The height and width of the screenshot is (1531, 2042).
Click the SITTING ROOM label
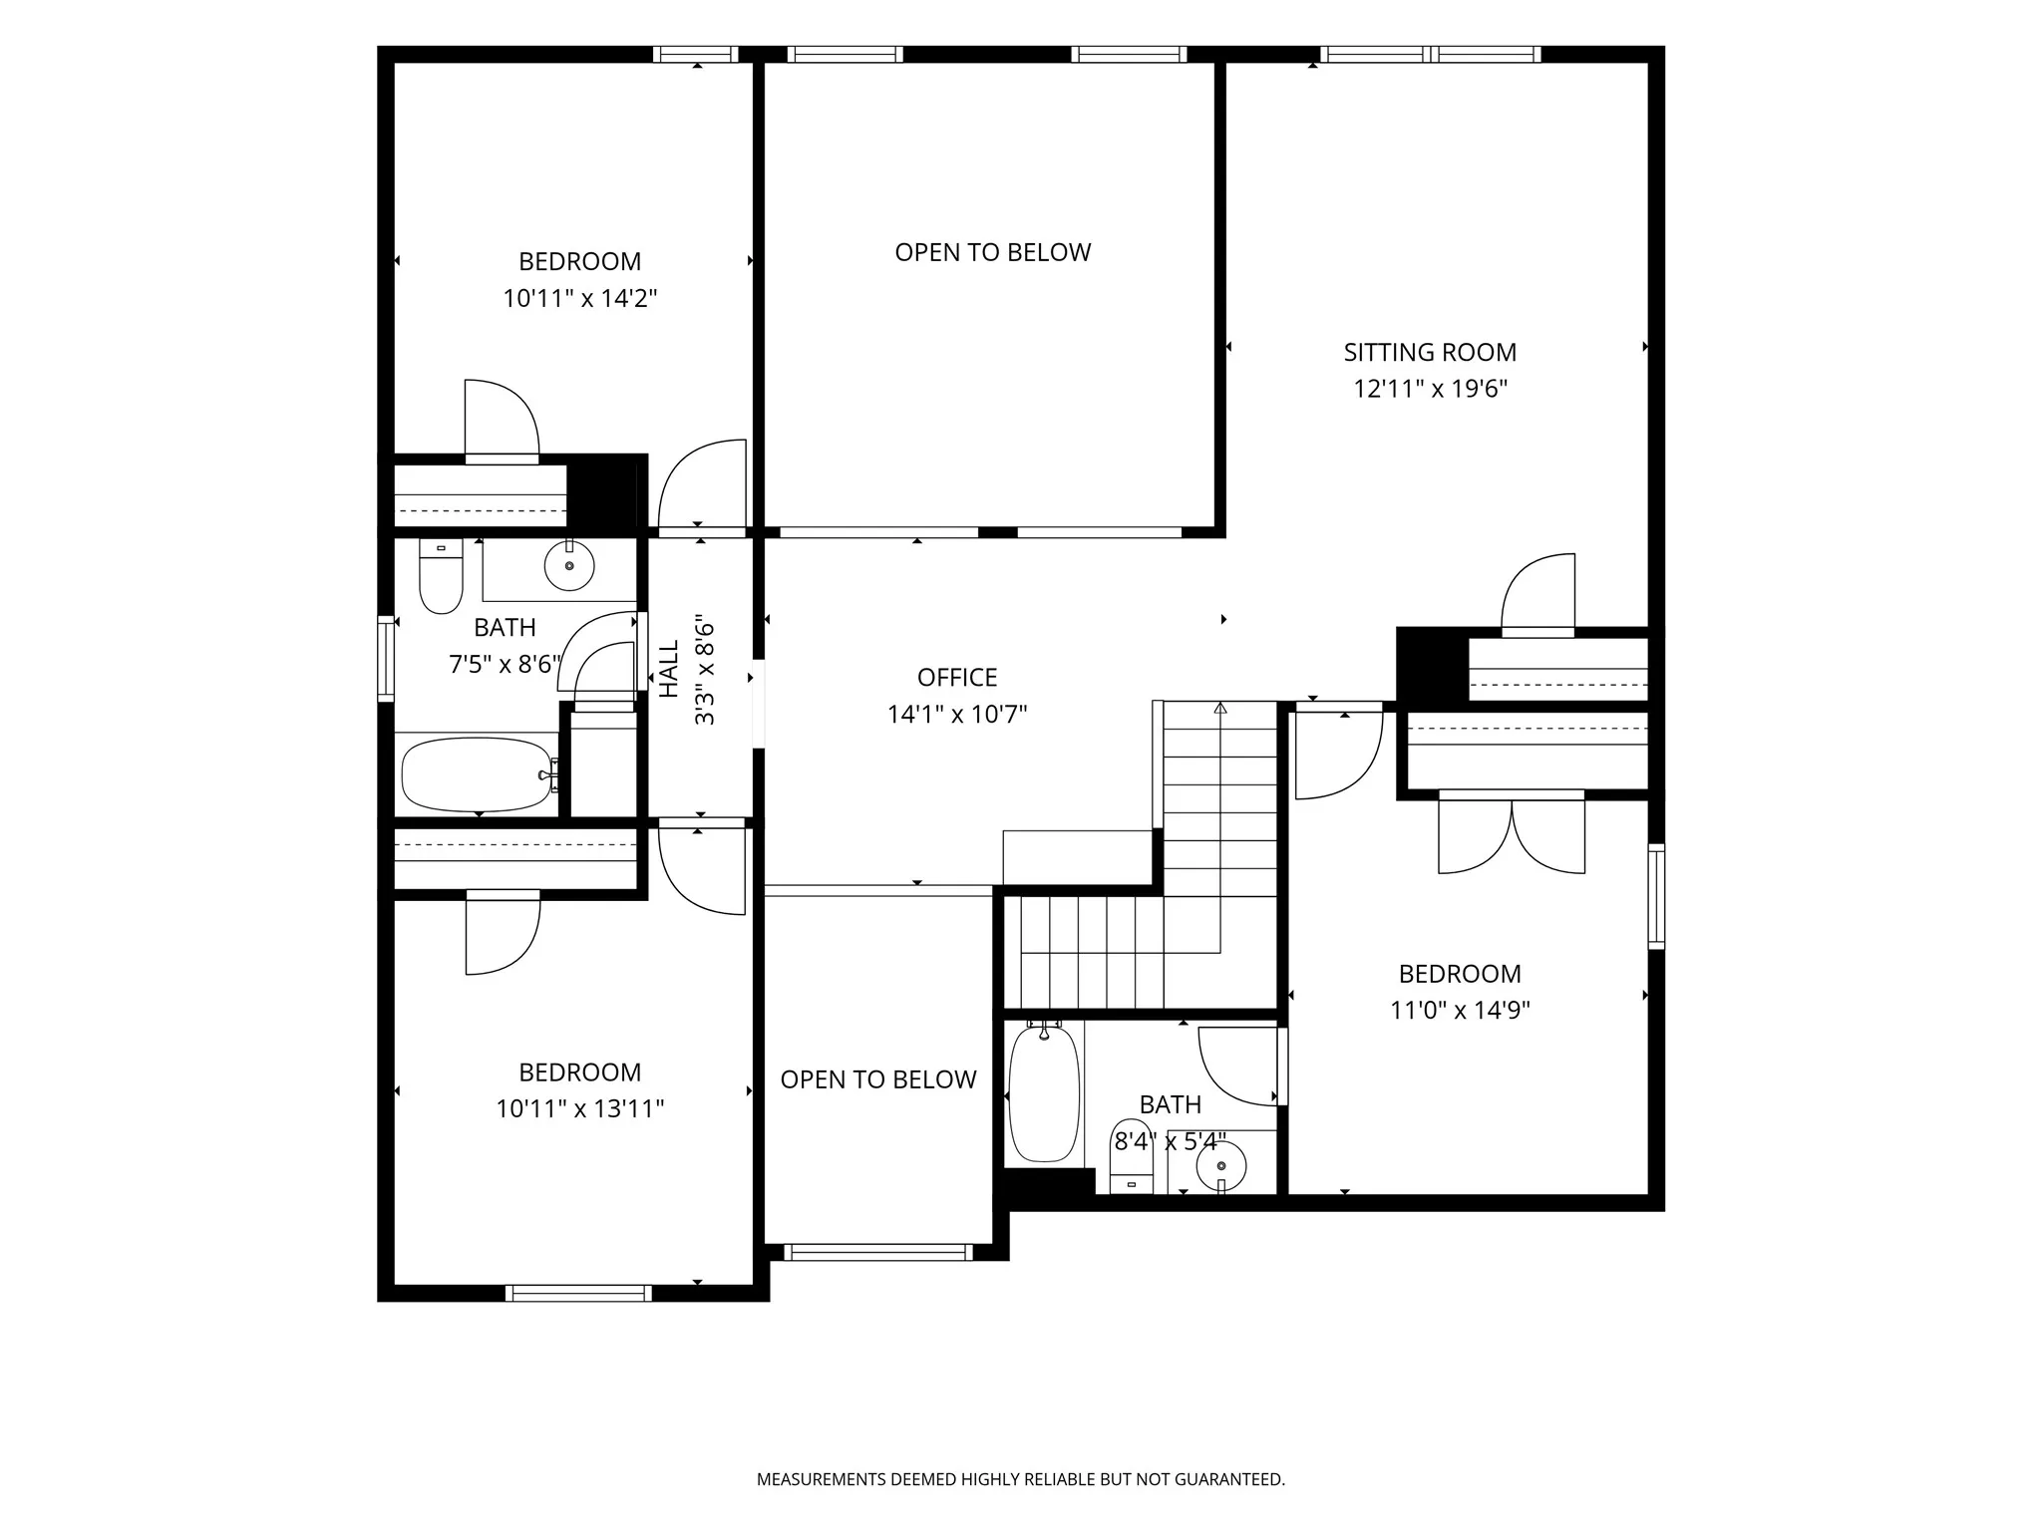coord(1430,352)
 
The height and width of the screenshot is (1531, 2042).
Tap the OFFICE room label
coord(957,678)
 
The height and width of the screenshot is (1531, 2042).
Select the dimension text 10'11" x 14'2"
coord(580,298)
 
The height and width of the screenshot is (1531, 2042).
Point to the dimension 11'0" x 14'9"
coord(1460,1011)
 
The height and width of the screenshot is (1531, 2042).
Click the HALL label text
coord(669,669)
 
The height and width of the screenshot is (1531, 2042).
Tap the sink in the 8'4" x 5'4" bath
coord(1221,1166)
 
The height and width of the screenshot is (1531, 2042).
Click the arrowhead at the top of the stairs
coord(1220,709)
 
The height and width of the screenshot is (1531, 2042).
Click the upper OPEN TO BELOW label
coord(993,252)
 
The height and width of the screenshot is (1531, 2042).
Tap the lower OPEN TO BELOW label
coord(878,1079)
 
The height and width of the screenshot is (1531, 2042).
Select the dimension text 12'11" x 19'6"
coord(1430,389)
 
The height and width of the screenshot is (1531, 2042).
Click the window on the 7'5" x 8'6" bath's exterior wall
coord(386,659)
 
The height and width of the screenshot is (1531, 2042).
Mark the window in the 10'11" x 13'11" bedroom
coord(578,1294)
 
